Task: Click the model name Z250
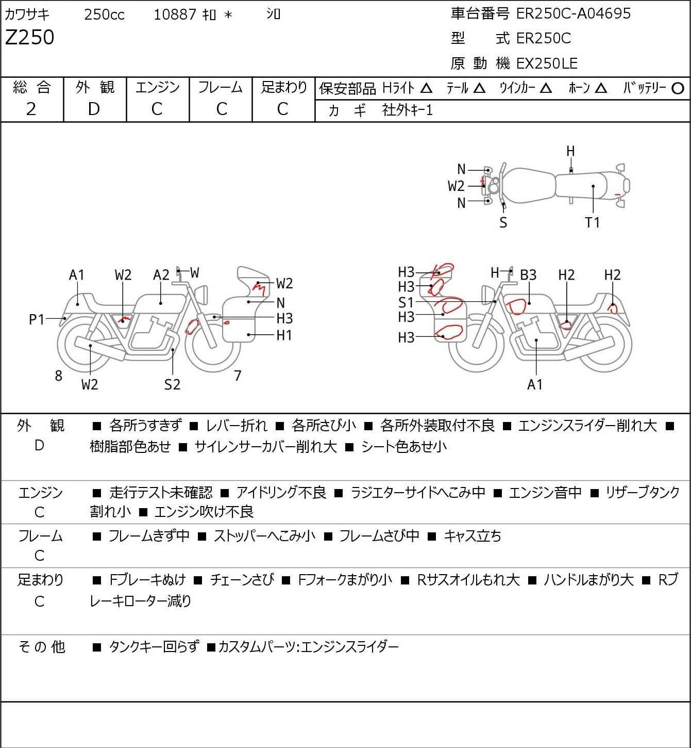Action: pos(30,37)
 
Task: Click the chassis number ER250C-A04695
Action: pos(573,13)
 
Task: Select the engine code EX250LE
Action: pos(547,63)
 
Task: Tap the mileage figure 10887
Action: pos(175,14)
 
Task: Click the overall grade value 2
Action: pos(31,109)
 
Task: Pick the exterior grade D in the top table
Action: pos(94,109)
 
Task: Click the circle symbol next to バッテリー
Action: pos(678,89)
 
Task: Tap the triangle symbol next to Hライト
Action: pos(426,89)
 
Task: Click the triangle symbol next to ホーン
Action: pos(601,89)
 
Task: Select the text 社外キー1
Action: pos(408,110)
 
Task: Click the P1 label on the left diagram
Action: pos(37,320)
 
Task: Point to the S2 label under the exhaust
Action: pos(173,384)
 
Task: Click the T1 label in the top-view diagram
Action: pos(592,222)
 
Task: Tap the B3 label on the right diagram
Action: pos(528,275)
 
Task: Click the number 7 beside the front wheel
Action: pos(238,376)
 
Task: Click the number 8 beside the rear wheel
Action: pos(58,376)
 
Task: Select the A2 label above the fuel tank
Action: pos(161,275)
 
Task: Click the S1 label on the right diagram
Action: pos(406,302)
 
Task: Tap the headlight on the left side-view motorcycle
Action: pos(201,295)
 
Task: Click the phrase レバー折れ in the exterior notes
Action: pos(237,426)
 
